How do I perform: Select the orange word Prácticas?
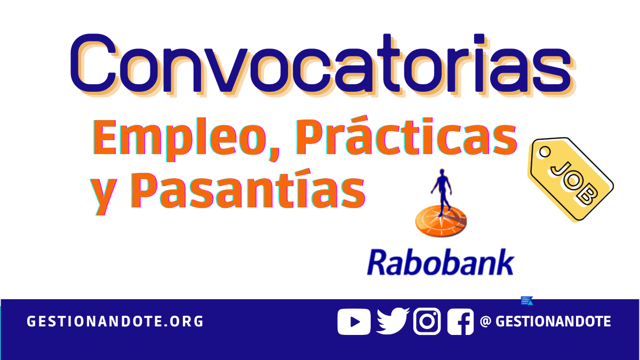pos(406,135)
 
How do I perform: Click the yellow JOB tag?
pos(570,179)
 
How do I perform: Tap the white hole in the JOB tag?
pos(545,151)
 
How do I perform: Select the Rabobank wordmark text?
pos(441,262)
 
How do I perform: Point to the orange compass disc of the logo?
pos(441,221)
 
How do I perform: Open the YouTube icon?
pos(354,322)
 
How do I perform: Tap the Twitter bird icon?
pos(393,321)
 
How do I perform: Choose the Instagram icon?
pos(427,321)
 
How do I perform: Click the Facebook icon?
pos(460,322)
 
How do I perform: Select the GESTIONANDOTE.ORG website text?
pos(115,322)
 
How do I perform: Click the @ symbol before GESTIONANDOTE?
pos(485,322)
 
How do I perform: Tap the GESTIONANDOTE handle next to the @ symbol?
pos(553,322)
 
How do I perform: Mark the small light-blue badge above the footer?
pos(527,301)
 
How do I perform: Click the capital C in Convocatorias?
pos(93,63)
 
